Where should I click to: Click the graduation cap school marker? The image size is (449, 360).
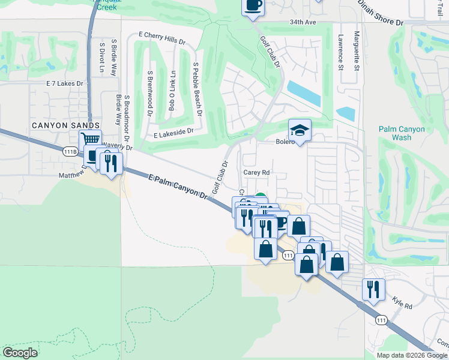pos(298,130)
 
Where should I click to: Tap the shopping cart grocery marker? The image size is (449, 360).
pos(90,140)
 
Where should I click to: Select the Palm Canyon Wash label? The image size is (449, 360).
pos(402,133)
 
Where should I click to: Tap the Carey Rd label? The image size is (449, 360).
pos(256,172)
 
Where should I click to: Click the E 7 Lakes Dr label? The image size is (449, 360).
pos(64,83)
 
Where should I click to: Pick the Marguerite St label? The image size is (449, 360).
pos(357,51)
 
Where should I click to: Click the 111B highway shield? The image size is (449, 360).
pos(70,152)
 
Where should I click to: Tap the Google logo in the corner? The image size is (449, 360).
pos(20,353)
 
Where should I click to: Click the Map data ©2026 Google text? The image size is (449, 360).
pos(411,355)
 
